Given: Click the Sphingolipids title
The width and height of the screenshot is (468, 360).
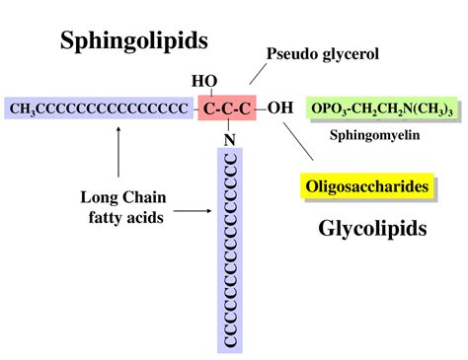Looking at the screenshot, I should tap(134, 40).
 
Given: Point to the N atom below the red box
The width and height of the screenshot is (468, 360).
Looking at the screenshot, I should tap(229, 138).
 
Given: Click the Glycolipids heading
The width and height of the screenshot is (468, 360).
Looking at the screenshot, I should tap(371, 229).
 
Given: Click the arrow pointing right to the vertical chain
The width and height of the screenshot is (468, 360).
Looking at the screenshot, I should tap(191, 210).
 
